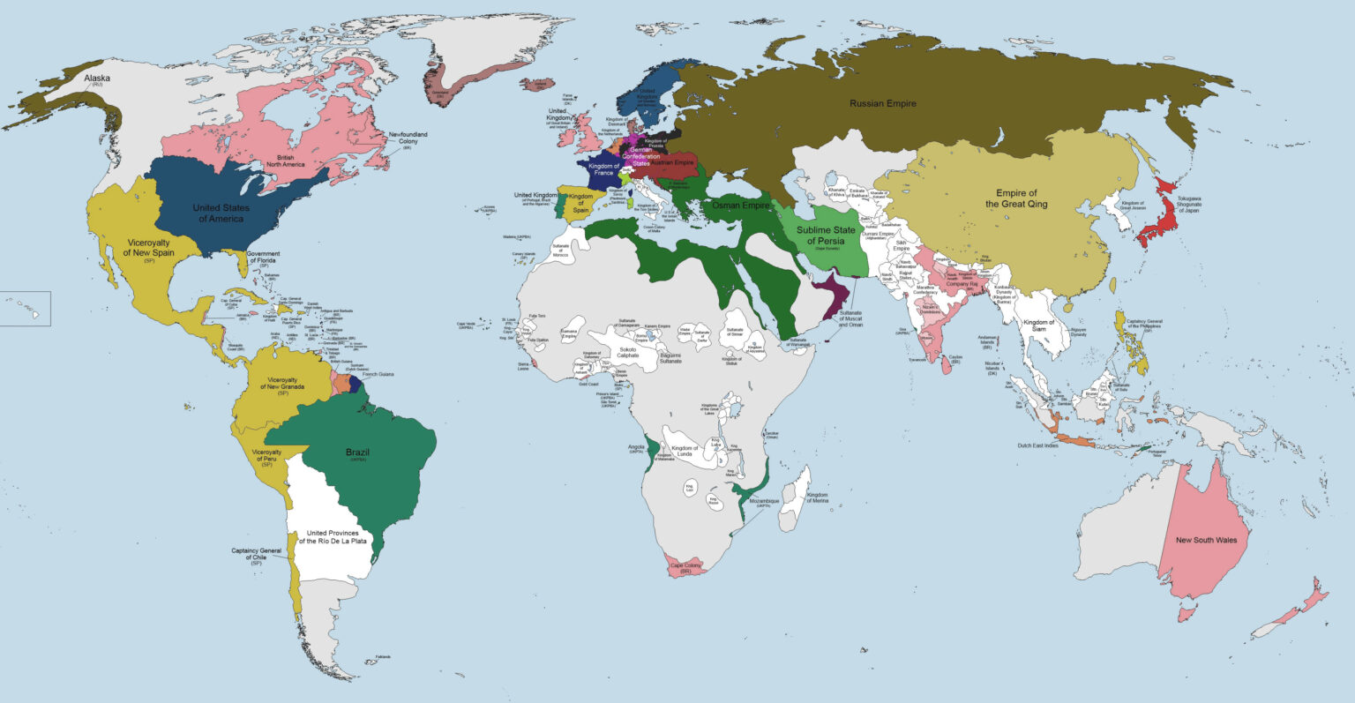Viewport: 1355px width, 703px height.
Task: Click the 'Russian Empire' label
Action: tap(882, 104)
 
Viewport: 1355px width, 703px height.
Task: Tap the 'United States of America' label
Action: tap(221, 213)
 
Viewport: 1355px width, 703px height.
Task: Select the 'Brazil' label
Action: tap(357, 453)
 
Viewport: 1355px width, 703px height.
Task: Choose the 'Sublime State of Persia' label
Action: tap(826, 236)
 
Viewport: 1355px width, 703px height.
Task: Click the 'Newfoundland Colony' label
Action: tap(408, 139)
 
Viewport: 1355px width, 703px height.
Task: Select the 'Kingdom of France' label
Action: tap(604, 169)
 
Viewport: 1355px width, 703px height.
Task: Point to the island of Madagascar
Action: tap(794, 501)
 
